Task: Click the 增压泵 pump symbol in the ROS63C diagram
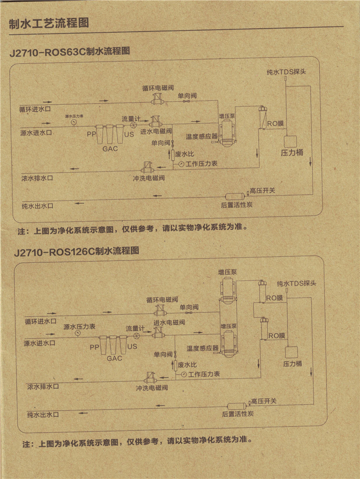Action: (x=226, y=131)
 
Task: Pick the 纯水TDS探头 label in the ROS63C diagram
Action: (x=287, y=72)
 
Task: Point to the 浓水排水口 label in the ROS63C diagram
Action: (x=36, y=178)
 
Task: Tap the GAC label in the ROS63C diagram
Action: (x=110, y=149)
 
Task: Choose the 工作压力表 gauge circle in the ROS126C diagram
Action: (x=184, y=375)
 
